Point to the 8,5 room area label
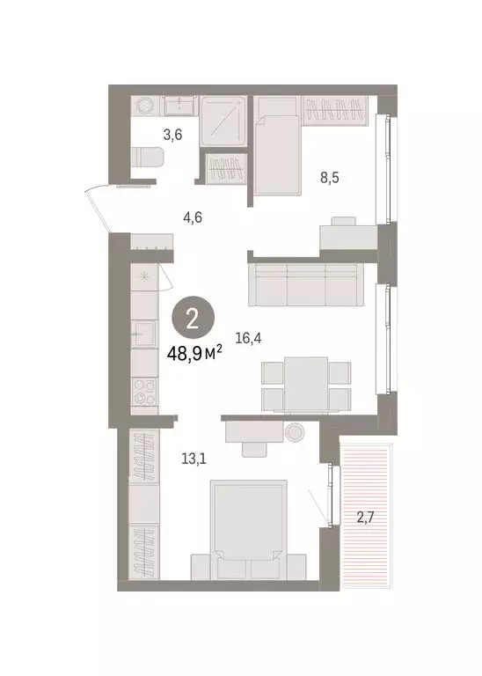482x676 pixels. pos(329,177)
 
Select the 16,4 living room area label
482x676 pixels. pos(248,335)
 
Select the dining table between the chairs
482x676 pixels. pos(306,383)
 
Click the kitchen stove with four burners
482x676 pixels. pos(143,392)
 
